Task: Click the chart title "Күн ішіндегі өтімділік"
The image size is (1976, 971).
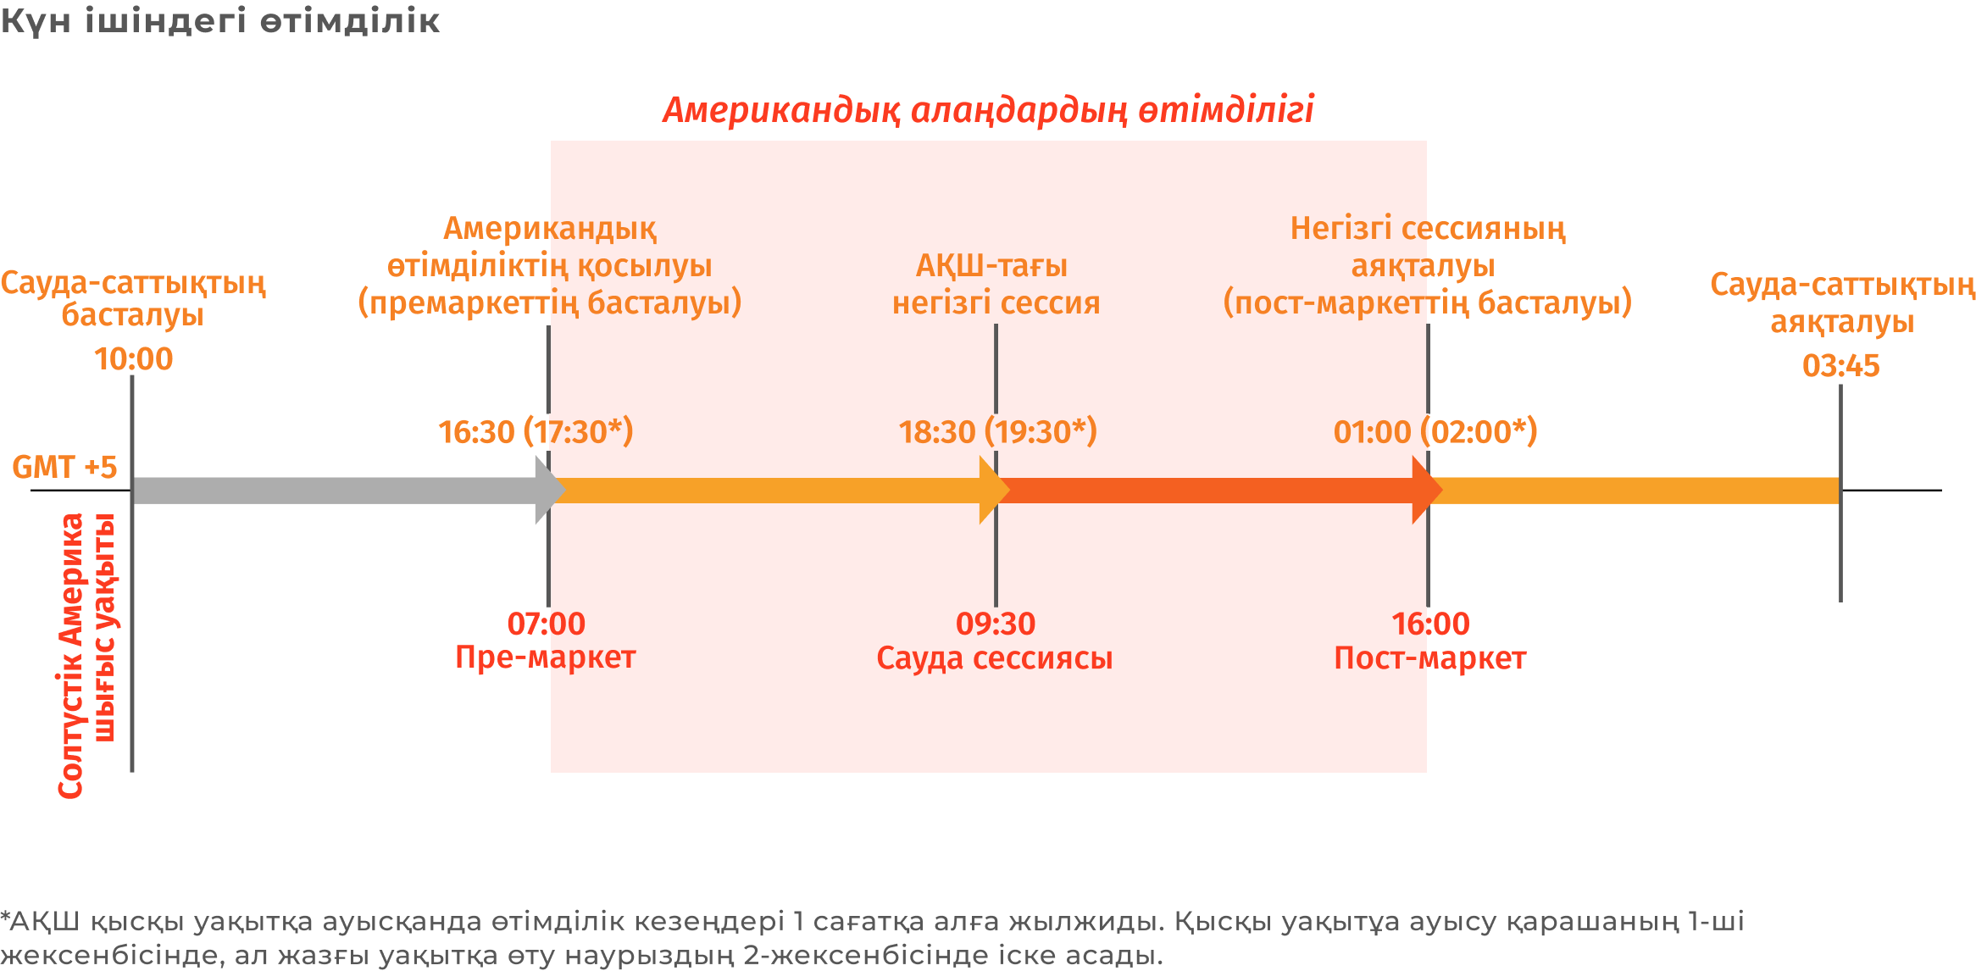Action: tap(219, 21)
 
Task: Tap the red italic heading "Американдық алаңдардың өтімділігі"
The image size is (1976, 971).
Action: tap(988, 110)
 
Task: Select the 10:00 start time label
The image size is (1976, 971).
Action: tap(133, 359)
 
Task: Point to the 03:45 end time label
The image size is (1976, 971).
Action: tap(1840, 366)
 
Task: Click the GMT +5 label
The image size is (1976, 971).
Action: tap(64, 467)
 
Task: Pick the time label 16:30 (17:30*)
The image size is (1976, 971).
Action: tap(536, 432)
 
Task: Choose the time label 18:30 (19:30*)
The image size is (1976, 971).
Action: tap(997, 432)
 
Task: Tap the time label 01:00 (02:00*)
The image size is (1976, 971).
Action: tap(1435, 432)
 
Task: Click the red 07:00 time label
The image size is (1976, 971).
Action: tap(547, 624)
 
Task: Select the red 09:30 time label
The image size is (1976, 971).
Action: tap(996, 624)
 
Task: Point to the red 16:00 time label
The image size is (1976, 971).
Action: tap(1430, 624)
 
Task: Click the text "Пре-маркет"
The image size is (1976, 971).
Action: tap(546, 658)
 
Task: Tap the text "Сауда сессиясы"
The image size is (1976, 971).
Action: tap(994, 658)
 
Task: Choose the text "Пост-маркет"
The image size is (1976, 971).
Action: tap(1430, 658)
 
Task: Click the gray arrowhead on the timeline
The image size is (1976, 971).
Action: tap(550, 491)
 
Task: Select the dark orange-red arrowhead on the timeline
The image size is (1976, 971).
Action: tap(1427, 491)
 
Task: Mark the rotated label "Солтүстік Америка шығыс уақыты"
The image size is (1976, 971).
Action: tap(87, 656)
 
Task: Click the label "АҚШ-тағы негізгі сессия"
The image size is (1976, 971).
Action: tap(996, 284)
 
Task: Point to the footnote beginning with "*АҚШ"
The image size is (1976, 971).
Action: tap(872, 938)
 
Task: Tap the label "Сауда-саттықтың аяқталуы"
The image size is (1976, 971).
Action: tap(1842, 302)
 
